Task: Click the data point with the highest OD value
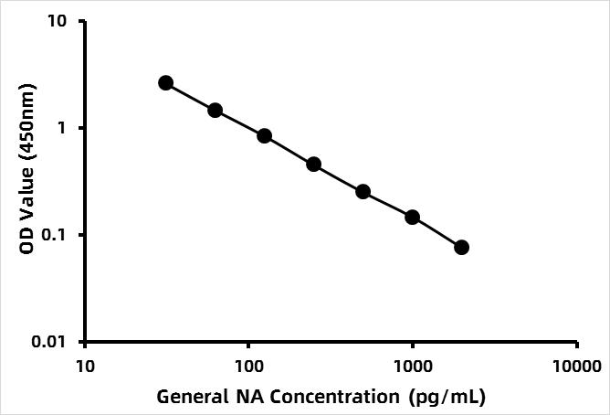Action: [x=165, y=83]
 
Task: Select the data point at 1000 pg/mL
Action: [x=412, y=218]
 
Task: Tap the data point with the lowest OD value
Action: [x=461, y=248]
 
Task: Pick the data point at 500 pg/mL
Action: [x=363, y=192]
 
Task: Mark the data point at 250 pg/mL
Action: [x=313, y=165]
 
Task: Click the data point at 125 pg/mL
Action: [x=264, y=136]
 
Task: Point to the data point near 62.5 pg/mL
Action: [x=215, y=111]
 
